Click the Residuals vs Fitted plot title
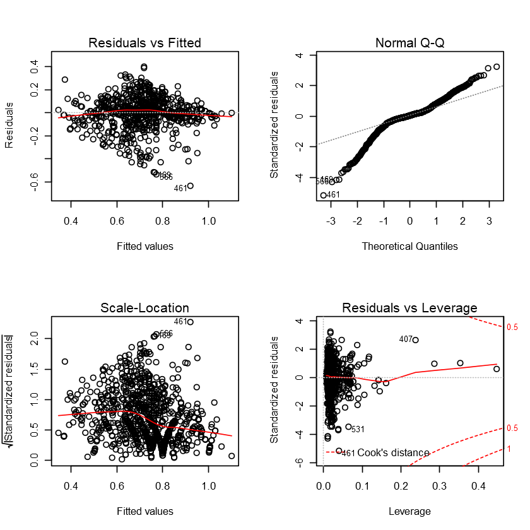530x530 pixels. pyautogui.click(x=145, y=44)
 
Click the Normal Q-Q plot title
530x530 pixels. pyautogui.click(x=409, y=44)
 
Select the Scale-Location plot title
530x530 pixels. pyautogui.click(x=145, y=308)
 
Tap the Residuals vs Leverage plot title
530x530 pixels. pyautogui.click(x=409, y=308)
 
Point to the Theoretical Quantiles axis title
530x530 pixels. pyautogui.click(x=409, y=246)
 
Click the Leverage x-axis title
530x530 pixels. pyautogui.click(x=409, y=511)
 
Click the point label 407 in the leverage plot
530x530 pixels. pyautogui.click(x=406, y=339)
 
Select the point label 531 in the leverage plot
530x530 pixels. pyautogui.click(x=358, y=430)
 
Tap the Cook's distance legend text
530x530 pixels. pyautogui.click(x=393, y=453)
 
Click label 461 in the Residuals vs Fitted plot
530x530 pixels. pyautogui.click(x=180, y=188)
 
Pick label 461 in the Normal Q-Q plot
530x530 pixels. pyautogui.click(x=334, y=195)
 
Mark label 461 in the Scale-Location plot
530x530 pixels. pyautogui.click(x=180, y=322)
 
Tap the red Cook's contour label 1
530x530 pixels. pyautogui.click(x=508, y=449)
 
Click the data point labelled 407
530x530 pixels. pyautogui.click(x=415, y=339)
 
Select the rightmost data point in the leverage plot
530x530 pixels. pyautogui.click(x=497, y=369)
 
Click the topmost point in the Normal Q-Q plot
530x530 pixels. pyautogui.click(x=496, y=66)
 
